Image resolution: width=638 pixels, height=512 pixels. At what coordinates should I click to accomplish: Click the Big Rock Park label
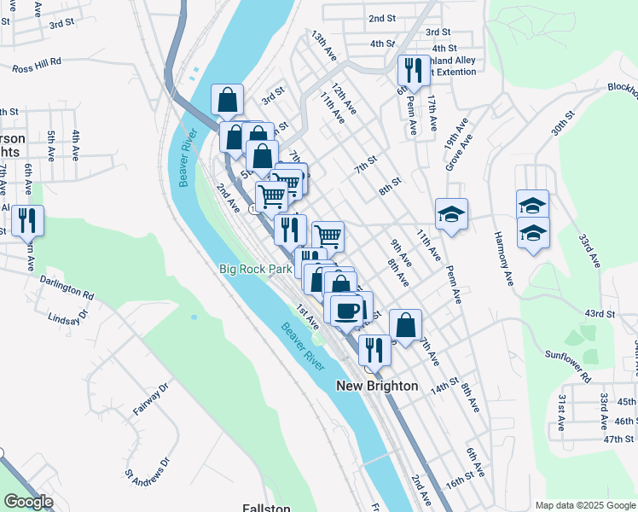(x=255, y=269)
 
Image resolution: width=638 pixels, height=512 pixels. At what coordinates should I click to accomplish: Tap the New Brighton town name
(x=377, y=386)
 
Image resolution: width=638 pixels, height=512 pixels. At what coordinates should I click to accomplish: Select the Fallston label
(x=266, y=508)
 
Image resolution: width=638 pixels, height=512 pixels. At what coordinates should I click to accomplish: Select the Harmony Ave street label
(x=503, y=262)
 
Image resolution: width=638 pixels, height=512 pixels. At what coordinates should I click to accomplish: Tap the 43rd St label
(x=600, y=314)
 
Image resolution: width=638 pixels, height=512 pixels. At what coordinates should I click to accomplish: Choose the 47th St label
(x=618, y=439)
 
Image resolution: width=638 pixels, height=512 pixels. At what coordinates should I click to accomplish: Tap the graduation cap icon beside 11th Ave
(x=451, y=213)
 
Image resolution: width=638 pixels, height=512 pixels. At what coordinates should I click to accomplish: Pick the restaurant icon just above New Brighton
(x=374, y=348)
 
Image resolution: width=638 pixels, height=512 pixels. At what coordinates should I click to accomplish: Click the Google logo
(x=28, y=502)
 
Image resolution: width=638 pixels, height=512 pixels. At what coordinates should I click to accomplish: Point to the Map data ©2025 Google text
(x=584, y=505)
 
